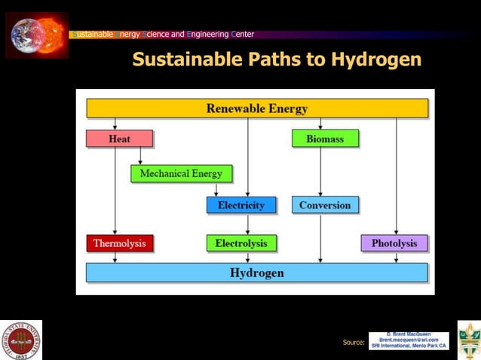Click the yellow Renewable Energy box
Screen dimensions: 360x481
click(x=257, y=108)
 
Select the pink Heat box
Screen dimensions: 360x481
click(x=119, y=139)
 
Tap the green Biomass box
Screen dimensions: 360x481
click(x=325, y=139)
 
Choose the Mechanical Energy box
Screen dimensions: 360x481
click(x=181, y=174)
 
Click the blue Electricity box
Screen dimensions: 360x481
click(x=241, y=205)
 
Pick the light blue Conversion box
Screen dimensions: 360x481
click(x=325, y=205)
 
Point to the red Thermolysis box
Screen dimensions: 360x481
click(x=119, y=243)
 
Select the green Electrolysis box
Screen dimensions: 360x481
click(x=241, y=243)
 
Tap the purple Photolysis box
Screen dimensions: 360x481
click(x=394, y=243)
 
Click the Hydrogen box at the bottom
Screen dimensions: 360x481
click(x=257, y=273)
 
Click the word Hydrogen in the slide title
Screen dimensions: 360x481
click(x=375, y=59)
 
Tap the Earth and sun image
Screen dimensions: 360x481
click(x=37, y=35)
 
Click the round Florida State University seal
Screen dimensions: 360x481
click(x=20, y=340)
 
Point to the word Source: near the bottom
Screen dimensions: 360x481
click(x=354, y=343)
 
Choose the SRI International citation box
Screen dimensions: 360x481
click(x=408, y=340)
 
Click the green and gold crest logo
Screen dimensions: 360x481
click(x=469, y=340)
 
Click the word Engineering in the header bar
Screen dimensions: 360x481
click(x=208, y=34)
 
